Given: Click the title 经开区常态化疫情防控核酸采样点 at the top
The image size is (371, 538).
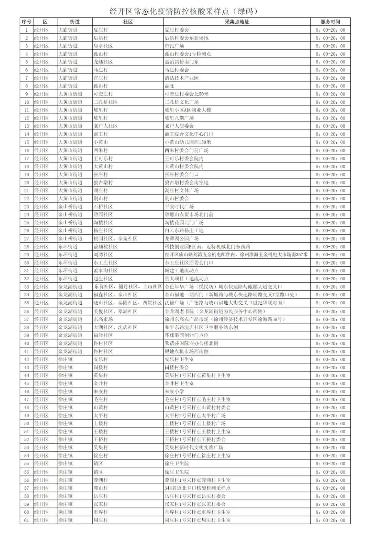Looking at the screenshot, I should pyautogui.click(x=183, y=11).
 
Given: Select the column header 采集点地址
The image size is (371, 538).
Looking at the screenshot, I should pyautogui.click(x=237, y=22).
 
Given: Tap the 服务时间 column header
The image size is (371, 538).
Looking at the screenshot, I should pyautogui.click(x=330, y=22).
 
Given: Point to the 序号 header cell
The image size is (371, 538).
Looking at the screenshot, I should pyautogui.click(x=26, y=22).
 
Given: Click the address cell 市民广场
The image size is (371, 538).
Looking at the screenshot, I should pyautogui.click(x=175, y=46).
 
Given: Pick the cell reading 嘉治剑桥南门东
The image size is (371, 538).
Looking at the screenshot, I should pyautogui.click(x=182, y=62).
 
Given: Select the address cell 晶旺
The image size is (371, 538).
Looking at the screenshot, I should pyautogui.click(x=170, y=86).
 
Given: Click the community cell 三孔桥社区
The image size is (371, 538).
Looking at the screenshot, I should pyautogui.click(x=105, y=102).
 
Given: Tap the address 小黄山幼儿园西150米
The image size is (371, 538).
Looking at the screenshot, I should pyautogui.click(x=188, y=142).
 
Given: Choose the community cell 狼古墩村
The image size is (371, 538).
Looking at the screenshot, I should pyautogui.click(x=103, y=183).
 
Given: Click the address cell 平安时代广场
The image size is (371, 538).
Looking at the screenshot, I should pyautogui.click(x=179, y=207).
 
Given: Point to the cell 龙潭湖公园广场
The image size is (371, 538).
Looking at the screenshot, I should pyautogui.click(x=182, y=238).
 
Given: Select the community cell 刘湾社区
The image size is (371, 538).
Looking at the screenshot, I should pyautogui.click(x=103, y=255).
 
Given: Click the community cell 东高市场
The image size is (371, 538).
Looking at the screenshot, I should pyautogui.click(x=103, y=319).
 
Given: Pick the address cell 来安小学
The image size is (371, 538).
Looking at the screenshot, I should pyautogui.click(x=175, y=391).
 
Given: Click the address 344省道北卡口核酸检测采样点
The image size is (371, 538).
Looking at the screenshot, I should pyautogui.click(x=198, y=488).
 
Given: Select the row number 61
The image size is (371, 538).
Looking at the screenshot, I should pyautogui.click(x=26, y=520).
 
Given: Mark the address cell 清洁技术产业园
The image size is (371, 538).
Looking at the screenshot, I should pyautogui.click(x=182, y=78).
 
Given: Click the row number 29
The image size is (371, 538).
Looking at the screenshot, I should pyautogui.click(x=26, y=255).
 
